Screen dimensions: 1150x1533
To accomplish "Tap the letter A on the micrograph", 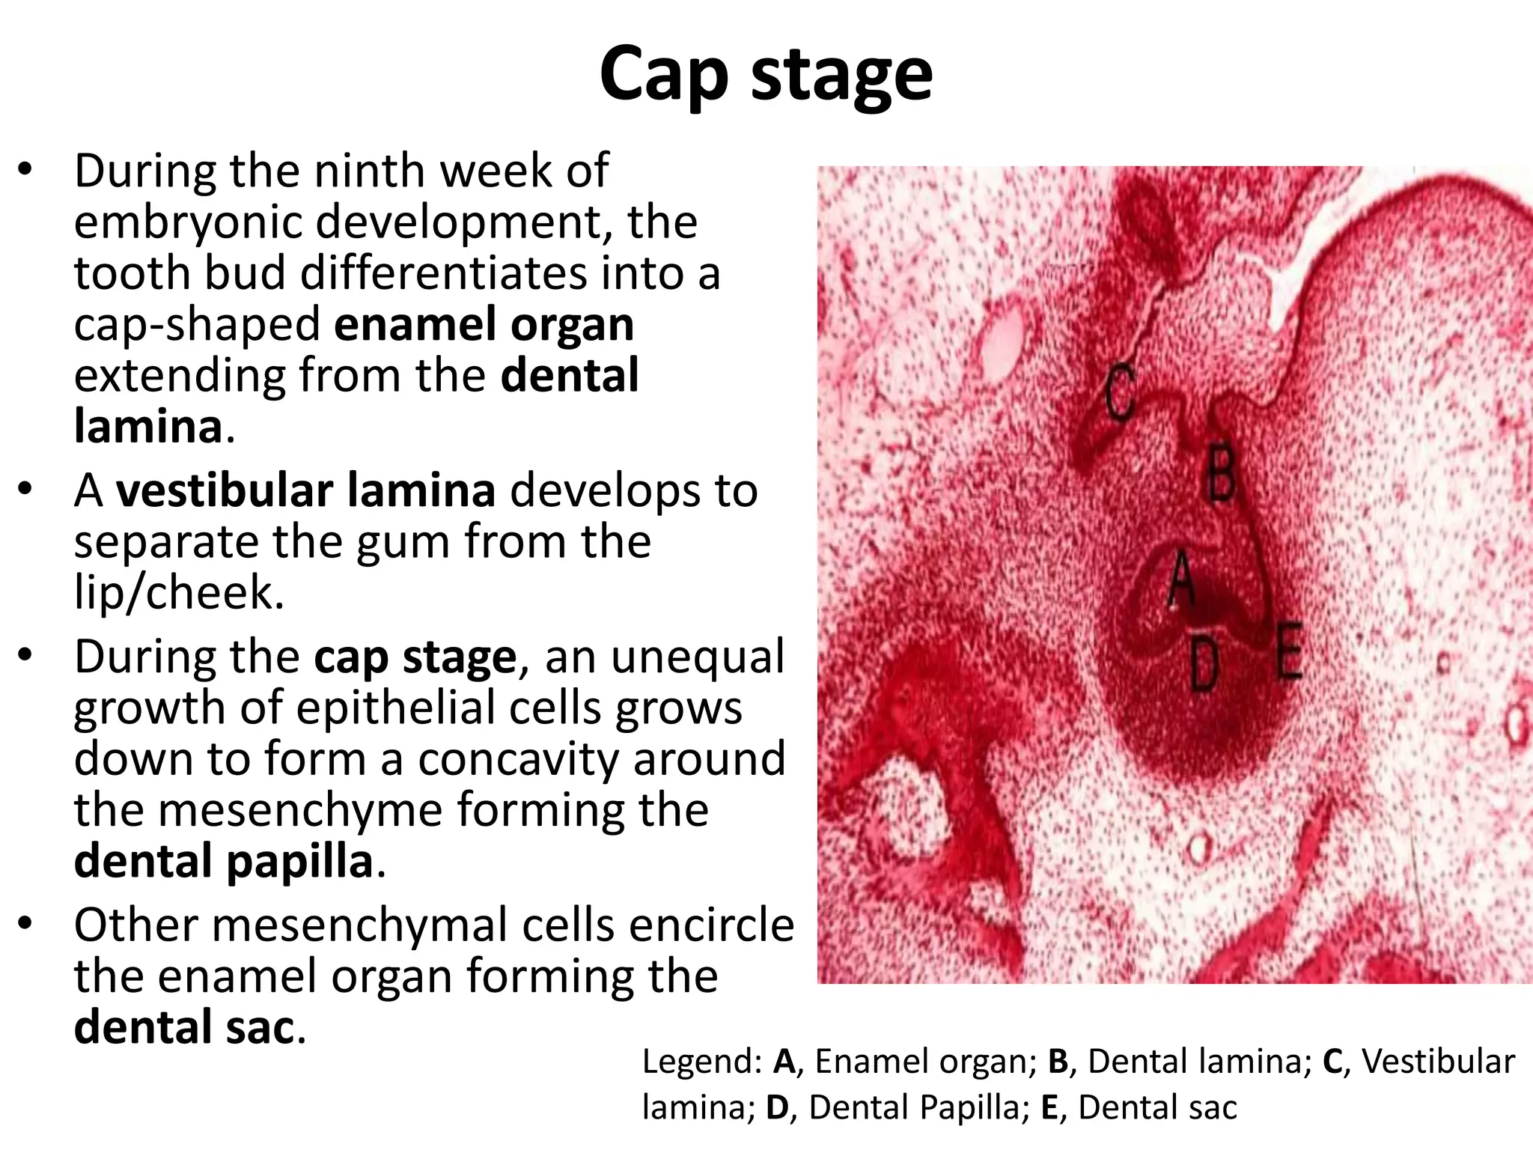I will click(x=1181, y=578).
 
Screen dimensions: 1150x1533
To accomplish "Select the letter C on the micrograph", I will click(x=1121, y=392).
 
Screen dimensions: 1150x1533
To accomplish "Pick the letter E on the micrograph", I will click(x=1289, y=650).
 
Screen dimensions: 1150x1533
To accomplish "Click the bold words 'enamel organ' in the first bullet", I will click(x=484, y=324).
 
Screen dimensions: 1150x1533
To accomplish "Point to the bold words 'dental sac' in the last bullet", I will click(x=183, y=1026).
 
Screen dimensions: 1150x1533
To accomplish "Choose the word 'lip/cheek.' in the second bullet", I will click(x=179, y=593).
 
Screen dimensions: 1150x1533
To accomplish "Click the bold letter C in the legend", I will click(x=1332, y=1062).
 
